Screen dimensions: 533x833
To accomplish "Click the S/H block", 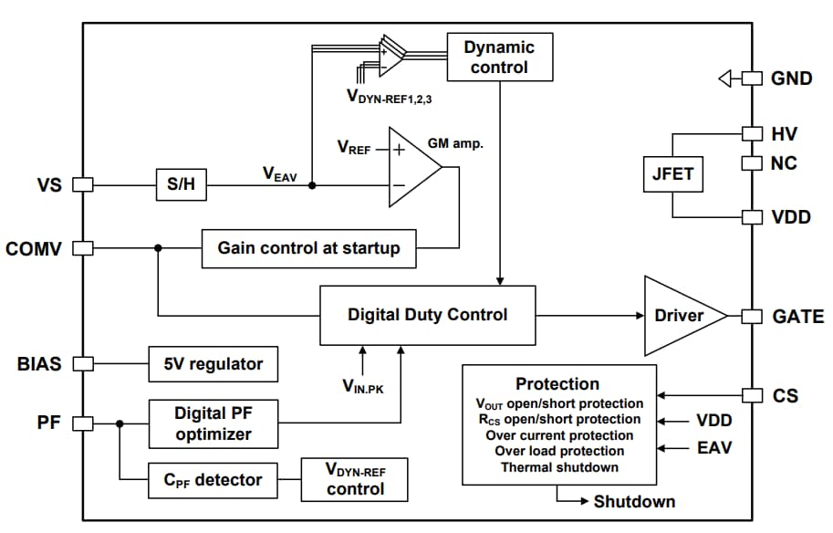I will (181, 185).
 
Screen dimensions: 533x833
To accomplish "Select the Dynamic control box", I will (499, 57).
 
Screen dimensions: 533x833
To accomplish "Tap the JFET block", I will (673, 175).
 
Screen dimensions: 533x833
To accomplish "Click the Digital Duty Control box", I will (427, 315).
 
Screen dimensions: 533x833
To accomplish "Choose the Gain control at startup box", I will (308, 248).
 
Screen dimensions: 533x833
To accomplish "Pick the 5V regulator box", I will (213, 363).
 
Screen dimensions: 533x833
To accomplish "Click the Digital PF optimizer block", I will (213, 423).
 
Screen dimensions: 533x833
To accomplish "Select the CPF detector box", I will (206, 479).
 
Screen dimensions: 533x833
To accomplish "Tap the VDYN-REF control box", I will (355, 479).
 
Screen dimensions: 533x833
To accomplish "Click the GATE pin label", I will (797, 317).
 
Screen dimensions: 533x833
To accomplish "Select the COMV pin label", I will (33, 248).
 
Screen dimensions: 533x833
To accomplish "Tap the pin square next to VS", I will (83, 185).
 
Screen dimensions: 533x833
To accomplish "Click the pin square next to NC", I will (751, 163).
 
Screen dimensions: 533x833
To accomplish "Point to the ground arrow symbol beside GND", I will (726, 78).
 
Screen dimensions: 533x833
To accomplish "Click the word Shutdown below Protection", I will (634, 501).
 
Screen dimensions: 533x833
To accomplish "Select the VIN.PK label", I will (362, 387).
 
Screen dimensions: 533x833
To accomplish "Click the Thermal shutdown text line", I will (559, 467).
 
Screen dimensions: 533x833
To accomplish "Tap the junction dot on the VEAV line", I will (312, 185).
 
